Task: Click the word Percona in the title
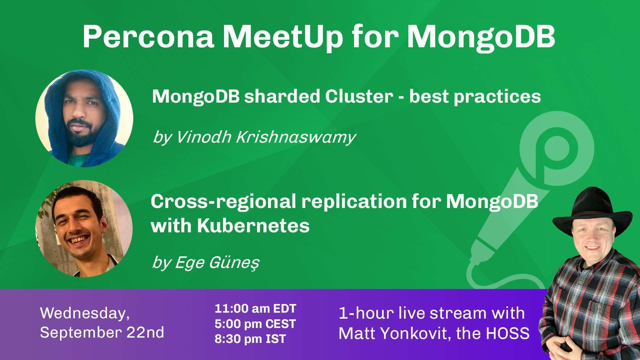148,37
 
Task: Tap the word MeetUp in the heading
283,37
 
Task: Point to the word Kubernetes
253,226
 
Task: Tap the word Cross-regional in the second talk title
223,202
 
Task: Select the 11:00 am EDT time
255,309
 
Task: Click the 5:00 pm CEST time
255,324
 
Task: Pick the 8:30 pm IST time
250,339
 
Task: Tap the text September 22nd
102,333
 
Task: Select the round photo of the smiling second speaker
84,229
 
